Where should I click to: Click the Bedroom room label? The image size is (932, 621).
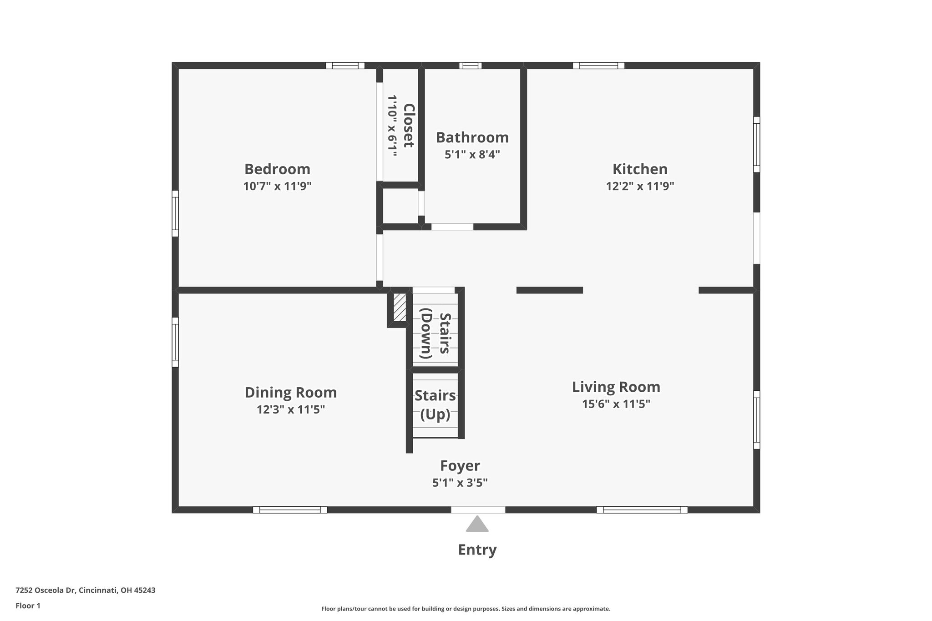click(277, 169)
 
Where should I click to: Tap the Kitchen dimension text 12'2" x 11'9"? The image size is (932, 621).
click(640, 186)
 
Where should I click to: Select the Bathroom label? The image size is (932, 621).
click(472, 137)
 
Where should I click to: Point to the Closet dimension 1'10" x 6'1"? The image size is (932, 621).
click(392, 126)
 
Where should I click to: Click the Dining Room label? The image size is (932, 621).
click(291, 393)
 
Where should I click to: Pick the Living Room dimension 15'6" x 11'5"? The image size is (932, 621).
click(616, 404)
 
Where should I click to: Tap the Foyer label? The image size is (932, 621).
click(460, 466)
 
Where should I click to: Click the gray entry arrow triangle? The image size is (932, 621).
click(477, 524)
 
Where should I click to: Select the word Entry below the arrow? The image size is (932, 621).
click(477, 550)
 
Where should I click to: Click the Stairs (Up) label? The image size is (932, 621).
click(435, 405)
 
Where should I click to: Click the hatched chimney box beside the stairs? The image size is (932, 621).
click(400, 307)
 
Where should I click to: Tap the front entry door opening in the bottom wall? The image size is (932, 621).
click(478, 510)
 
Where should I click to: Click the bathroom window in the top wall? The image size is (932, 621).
click(471, 66)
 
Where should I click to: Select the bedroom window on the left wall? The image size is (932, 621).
click(175, 213)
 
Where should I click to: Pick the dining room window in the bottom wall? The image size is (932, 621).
click(290, 510)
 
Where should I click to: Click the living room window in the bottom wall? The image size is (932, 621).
click(642, 510)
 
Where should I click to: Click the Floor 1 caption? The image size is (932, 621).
click(28, 606)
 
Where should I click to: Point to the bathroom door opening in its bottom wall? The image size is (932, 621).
click(452, 227)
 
